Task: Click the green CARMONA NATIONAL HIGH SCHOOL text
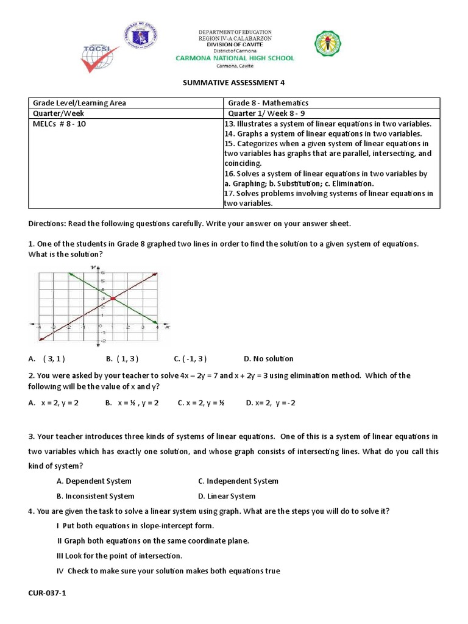pos(235,58)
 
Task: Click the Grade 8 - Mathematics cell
pos(268,103)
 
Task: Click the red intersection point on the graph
pos(113,298)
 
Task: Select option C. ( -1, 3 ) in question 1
pos(190,359)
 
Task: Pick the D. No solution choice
pos(268,359)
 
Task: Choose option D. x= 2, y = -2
pos(270,403)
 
